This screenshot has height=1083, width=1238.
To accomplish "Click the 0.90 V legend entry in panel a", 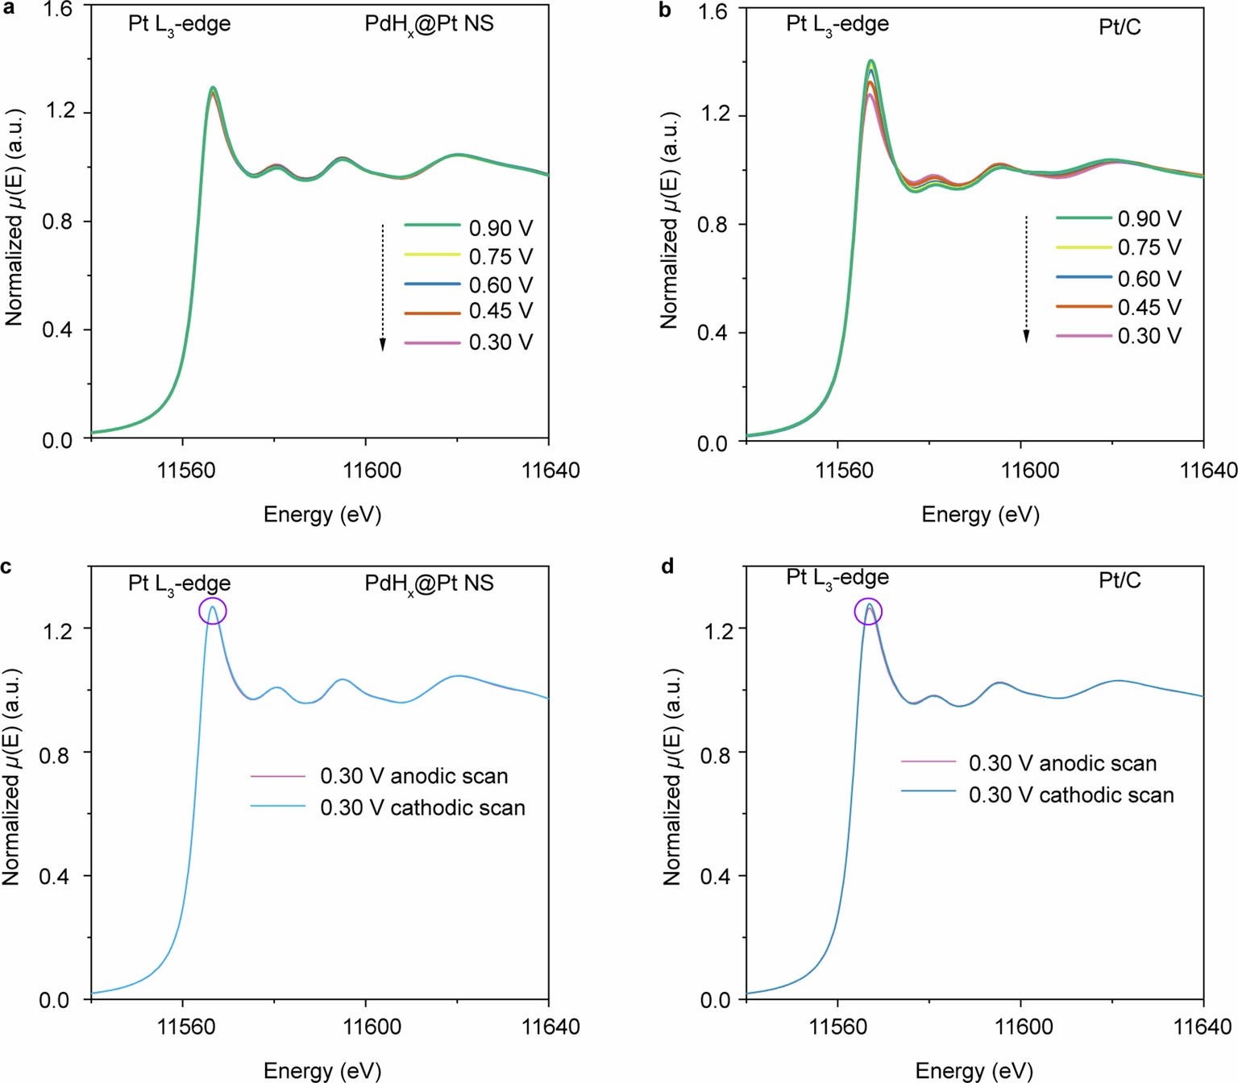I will point(501,229).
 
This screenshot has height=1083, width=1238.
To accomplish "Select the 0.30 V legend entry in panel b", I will point(1149,336).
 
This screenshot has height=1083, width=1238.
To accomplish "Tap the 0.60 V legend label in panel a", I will point(501,285).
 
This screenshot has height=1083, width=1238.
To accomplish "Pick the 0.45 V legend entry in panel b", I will point(1149,308).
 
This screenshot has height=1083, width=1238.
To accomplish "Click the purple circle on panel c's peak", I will point(213,611).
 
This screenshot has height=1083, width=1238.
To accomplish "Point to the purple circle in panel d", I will point(868,612).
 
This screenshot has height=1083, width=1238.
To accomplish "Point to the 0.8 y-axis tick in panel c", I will point(56,753).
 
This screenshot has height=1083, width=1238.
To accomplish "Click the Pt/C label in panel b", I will point(1120,27).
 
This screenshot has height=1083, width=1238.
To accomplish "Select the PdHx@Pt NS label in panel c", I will point(429,583).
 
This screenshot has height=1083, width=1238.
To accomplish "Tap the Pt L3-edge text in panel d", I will point(837,578).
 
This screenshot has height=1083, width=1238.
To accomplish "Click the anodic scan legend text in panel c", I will point(413,776).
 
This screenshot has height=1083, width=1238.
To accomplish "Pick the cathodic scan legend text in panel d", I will point(1070,795).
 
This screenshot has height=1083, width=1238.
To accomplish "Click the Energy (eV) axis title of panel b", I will point(980,515).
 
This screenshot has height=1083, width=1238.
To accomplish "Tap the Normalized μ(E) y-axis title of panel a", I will point(14,218).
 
